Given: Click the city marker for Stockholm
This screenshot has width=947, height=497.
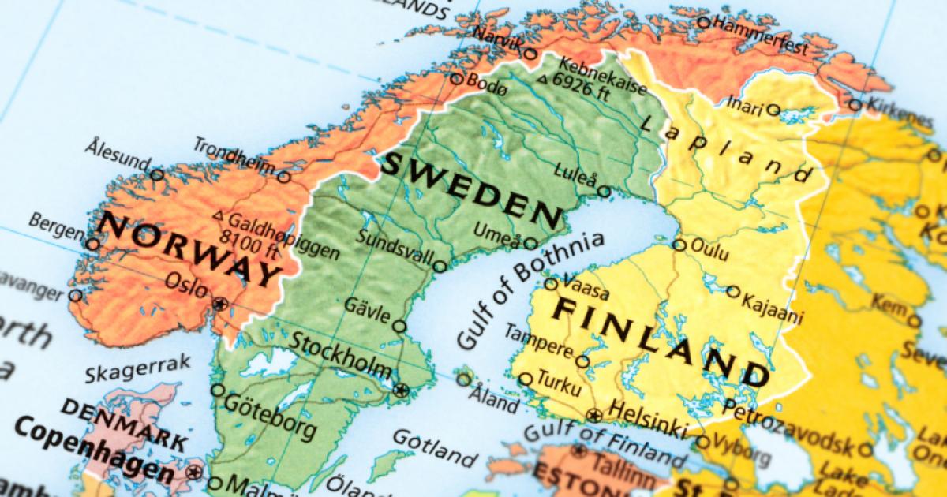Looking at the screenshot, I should pos(402,389).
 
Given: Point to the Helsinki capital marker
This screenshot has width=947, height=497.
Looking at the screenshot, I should pos(594,414).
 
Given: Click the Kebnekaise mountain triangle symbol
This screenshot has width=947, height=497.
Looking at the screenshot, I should pos(541,79).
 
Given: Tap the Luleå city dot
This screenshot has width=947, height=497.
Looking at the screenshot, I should pos(604,192).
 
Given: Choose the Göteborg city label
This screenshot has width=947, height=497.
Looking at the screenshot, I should pos(271,415).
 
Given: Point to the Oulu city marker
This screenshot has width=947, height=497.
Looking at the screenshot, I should pos(679,245).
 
